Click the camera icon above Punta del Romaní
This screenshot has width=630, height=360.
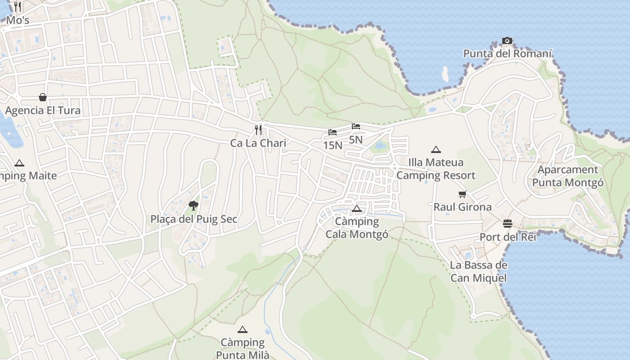[x=507, y=41]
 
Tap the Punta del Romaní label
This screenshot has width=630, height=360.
[x=507, y=54]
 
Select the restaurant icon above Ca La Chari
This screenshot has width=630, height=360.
[x=258, y=130]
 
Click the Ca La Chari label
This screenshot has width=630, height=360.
[x=258, y=143]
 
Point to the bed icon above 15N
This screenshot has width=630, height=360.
[x=333, y=132]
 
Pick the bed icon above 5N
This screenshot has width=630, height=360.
[x=356, y=126]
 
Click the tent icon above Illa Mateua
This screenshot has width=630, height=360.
[x=436, y=149]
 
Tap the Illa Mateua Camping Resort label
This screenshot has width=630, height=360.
[x=436, y=169]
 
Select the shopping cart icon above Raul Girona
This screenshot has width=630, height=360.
[x=463, y=194]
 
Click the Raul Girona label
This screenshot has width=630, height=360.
[x=463, y=207]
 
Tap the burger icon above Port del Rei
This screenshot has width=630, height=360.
[x=508, y=224]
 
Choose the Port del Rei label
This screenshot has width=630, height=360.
[x=508, y=237]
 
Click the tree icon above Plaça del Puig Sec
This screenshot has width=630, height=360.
[x=193, y=206]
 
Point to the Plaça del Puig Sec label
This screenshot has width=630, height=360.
[x=193, y=219]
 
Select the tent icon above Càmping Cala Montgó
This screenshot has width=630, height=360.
[x=357, y=208]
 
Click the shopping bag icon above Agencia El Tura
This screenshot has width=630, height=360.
[x=43, y=97]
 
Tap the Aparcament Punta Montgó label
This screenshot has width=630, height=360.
[x=567, y=176]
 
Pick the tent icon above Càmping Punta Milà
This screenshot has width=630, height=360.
[x=243, y=329]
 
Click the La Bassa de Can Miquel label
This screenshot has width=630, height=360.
[x=478, y=271]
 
